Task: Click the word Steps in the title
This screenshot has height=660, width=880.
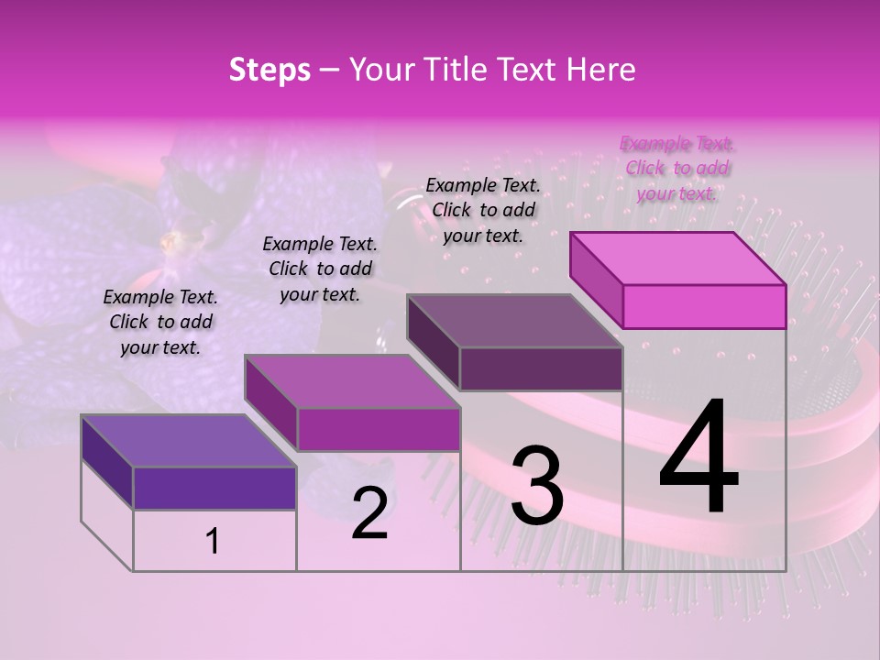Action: [x=269, y=70]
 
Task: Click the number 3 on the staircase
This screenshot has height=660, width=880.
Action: [x=537, y=486]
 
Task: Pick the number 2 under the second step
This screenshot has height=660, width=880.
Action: [x=369, y=514]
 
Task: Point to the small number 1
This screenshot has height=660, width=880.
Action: [x=213, y=542]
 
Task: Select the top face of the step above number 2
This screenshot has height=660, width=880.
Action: [x=352, y=381]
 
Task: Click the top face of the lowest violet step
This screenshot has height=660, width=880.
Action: [x=189, y=441]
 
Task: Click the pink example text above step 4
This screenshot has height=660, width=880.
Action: [x=677, y=168]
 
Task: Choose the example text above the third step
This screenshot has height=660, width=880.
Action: [x=483, y=210]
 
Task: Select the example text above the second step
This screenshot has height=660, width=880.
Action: [x=320, y=269]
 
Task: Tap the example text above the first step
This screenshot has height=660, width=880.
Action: [x=160, y=322]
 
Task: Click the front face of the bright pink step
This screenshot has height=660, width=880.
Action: [x=704, y=306]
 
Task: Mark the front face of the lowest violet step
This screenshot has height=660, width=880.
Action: [x=214, y=488]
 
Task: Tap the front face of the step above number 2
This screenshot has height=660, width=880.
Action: [x=378, y=429]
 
